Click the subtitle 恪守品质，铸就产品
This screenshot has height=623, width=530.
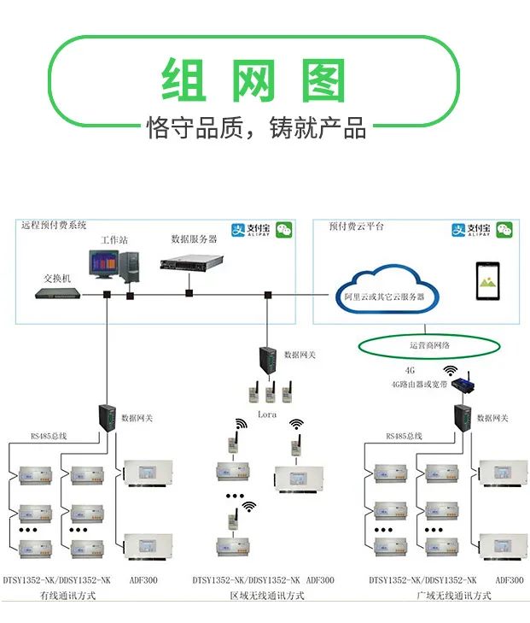(x=256, y=128)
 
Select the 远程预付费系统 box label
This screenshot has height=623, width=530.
(x=55, y=225)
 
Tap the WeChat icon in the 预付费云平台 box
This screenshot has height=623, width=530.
(x=505, y=230)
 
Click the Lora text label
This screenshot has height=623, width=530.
(x=268, y=414)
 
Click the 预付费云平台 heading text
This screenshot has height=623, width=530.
(x=357, y=226)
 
